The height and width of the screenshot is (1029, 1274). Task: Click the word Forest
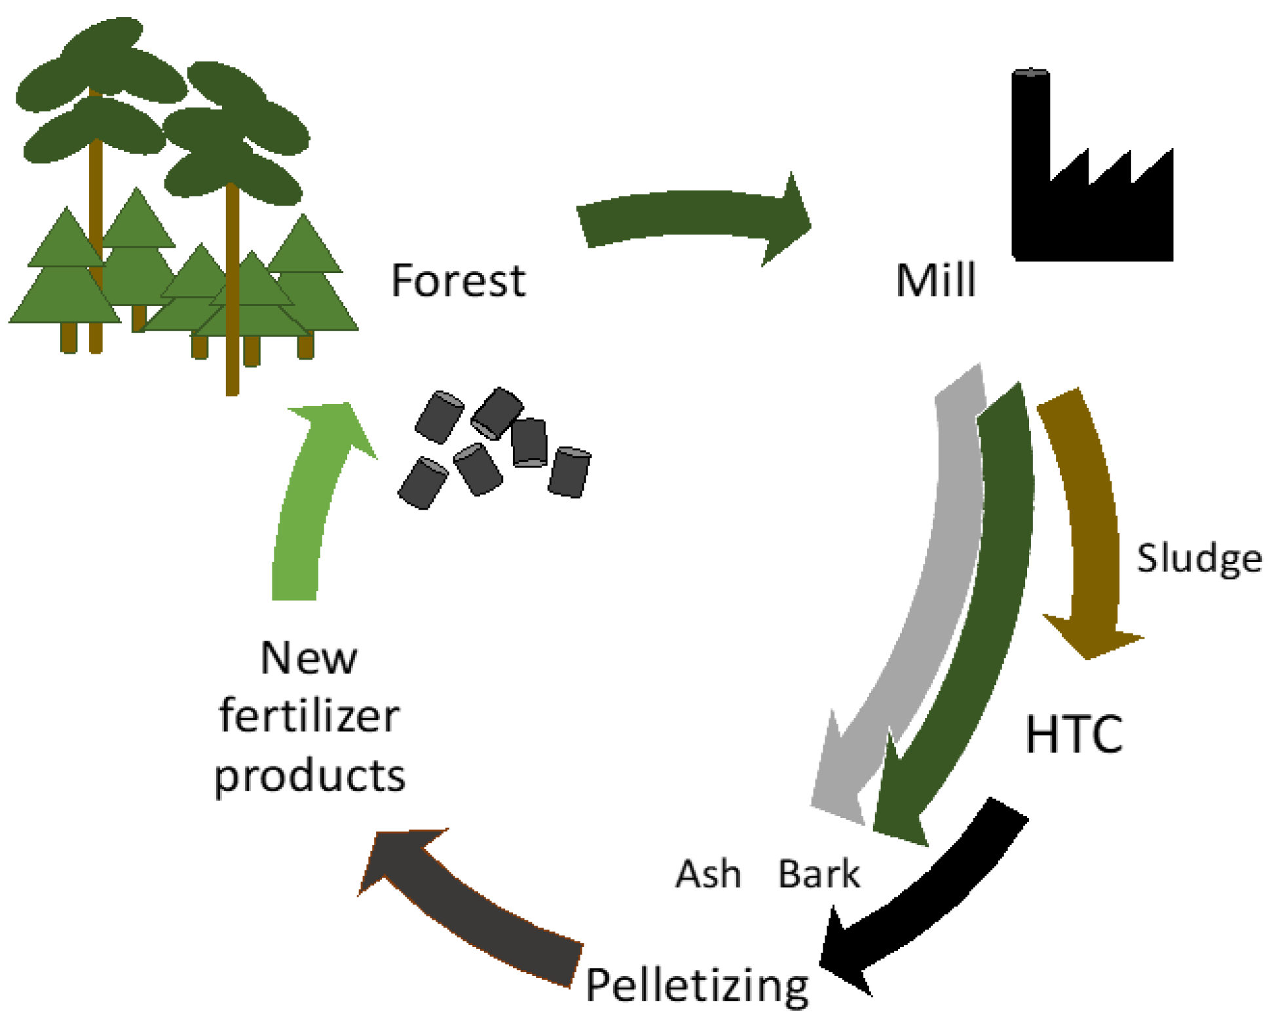(458, 280)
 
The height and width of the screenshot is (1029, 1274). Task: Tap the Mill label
(935, 280)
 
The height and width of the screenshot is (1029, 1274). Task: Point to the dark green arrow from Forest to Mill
(688, 216)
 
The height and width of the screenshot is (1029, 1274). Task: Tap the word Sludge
(1199, 559)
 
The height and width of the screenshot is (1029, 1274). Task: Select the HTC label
(1074, 734)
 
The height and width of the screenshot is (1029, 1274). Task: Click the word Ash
(708, 874)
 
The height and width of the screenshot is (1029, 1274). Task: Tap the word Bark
(819, 874)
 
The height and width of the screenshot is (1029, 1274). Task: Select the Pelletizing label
(697, 986)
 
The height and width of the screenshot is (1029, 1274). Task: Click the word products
(309, 776)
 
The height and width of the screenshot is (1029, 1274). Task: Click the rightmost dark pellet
(569, 472)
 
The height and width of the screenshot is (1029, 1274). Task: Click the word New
(309, 658)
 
